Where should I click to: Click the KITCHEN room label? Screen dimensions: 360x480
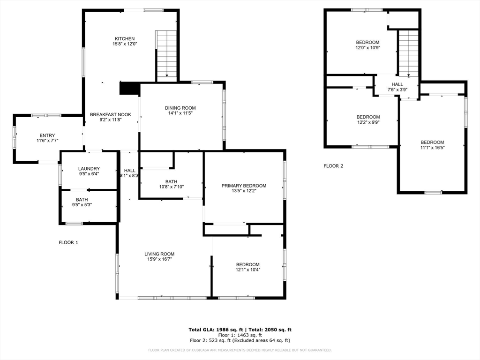pyautogui.click(x=125, y=39)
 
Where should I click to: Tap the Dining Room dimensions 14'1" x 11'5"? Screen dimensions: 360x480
pyautogui.click(x=180, y=113)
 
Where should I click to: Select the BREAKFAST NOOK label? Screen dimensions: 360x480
pyautogui.click(x=111, y=114)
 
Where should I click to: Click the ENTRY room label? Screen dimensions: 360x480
pyautogui.click(x=47, y=135)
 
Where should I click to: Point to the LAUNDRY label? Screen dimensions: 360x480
pyautogui.click(x=89, y=169)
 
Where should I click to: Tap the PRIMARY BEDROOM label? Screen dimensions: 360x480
pyautogui.click(x=244, y=186)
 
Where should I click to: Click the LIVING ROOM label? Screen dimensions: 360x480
pyautogui.click(x=159, y=254)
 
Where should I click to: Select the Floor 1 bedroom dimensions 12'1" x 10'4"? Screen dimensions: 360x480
pyautogui.click(x=247, y=270)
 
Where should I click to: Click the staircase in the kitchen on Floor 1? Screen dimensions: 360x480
pyautogui.click(x=166, y=54)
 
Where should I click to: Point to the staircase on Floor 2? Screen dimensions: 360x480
pyautogui.click(x=408, y=53)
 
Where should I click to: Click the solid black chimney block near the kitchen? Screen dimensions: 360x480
pyautogui.click(x=129, y=88)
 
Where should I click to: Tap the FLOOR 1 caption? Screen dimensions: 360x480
pyautogui.click(x=68, y=242)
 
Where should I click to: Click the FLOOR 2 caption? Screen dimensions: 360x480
pyautogui.click(x=333, y=166)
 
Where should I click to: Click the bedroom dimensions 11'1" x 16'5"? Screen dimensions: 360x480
pyautogui.click(x=432, y=148)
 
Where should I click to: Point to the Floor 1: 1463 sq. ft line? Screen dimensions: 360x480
pyautogui.click(x=240, y=335)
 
